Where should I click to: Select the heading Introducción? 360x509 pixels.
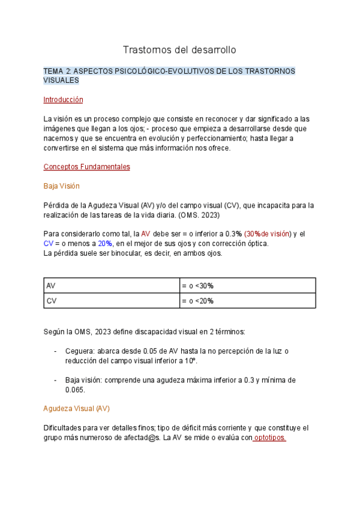[x=63, y=100]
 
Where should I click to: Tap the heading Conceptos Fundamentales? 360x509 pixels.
[x=86, y=167]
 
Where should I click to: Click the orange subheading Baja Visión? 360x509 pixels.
[x=61, y=186]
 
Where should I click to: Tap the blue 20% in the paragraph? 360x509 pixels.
[x=106, y=243]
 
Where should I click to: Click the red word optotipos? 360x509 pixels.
[x=269, y=438]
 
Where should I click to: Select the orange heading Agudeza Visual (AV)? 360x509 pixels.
[x=76, y=409]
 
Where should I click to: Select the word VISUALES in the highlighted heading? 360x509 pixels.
[x=61, y=80]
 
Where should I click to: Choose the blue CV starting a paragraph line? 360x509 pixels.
[x=49, y=243]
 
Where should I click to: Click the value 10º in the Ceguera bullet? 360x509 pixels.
[x=191, y=361]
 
